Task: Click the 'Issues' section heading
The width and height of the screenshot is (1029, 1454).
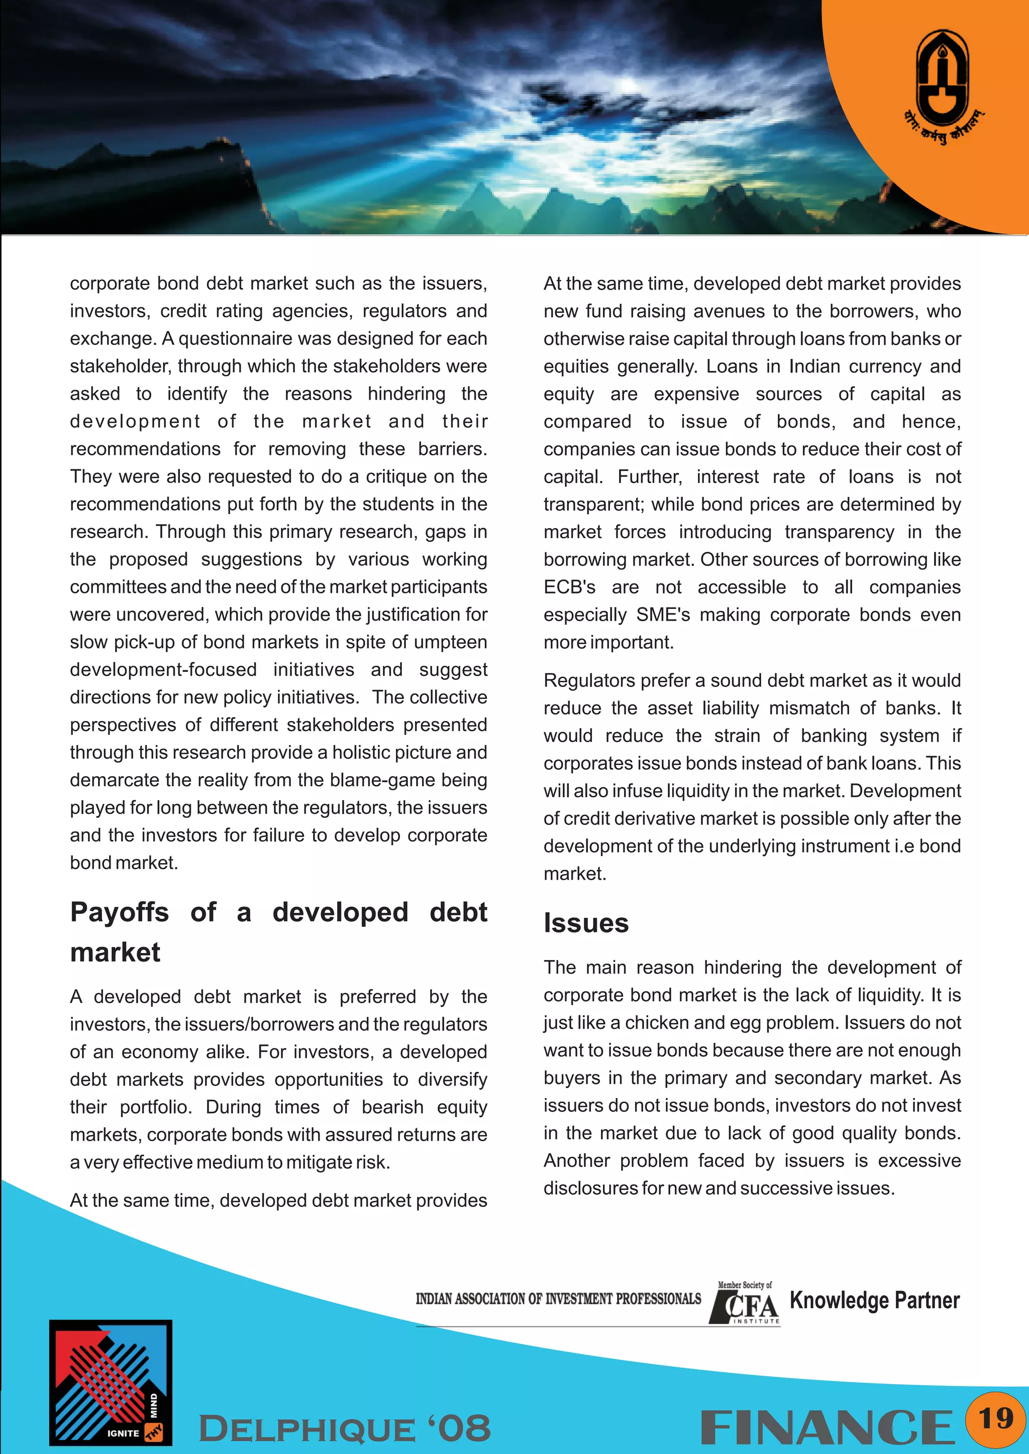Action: [586, 923]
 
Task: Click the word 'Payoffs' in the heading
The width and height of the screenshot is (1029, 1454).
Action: [120, 913]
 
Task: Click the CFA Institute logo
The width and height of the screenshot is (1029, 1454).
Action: [745, 1304]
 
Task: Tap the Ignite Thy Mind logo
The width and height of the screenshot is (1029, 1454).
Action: [111, 1382]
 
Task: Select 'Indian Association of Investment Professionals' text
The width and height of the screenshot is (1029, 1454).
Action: [558, 1299]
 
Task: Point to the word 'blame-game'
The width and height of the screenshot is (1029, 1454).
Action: [381, 780]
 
